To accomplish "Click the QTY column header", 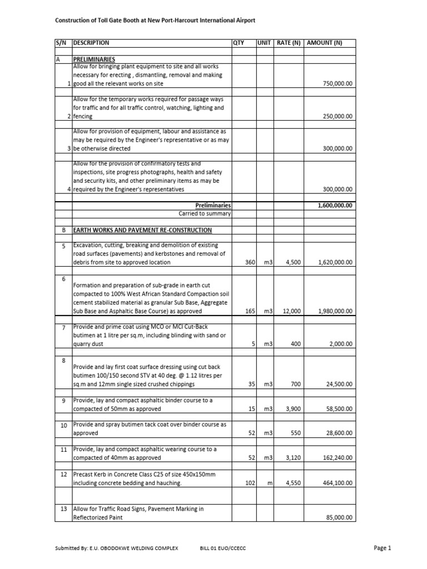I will pos(239,43).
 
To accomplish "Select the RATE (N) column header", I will pos(288,43).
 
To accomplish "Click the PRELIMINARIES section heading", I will pos(94,58).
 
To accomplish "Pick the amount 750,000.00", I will pos(337,83).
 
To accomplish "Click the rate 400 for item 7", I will pos(295,344).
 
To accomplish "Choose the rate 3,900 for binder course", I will pos(292,409).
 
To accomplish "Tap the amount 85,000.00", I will pos(339,517).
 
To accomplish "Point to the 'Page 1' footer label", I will pos(383,548).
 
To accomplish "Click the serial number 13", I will pos(63,509).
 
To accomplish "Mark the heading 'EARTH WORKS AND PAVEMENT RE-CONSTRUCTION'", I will pos(142,230).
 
